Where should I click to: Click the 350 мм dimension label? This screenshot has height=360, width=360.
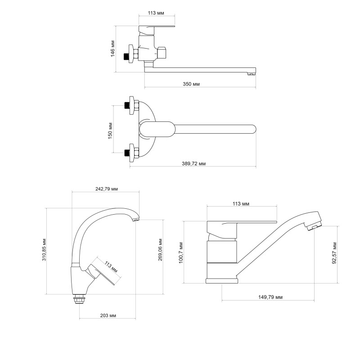point(191,84)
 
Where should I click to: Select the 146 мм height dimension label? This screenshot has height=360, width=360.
point(113,49)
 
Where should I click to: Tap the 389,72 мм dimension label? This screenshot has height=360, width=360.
point(193,164)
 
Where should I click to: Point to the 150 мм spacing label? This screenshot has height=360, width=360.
point(110,130)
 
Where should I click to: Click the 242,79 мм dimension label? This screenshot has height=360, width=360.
point(107,189)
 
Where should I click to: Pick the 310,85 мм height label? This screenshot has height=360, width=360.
point(44,250)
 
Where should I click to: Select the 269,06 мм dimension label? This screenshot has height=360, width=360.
point(160,250)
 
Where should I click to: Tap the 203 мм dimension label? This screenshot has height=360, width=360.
point(108,315)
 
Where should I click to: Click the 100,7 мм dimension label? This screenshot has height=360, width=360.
point(181,252)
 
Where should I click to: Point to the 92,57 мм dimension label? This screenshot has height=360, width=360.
point(334,253)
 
